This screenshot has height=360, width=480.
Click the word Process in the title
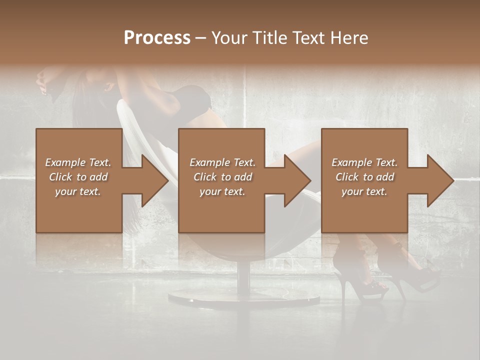point(157,38)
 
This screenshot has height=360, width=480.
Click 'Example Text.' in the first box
point(78,162)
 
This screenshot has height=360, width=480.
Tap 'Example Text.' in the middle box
point(222,162)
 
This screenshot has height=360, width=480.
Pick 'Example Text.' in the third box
point(364,162)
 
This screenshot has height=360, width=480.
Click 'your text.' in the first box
point(78,191)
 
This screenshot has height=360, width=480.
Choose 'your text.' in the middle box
point(222,191)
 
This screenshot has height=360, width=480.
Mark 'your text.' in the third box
point(364,191)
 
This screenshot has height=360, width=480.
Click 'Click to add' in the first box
point(78,177)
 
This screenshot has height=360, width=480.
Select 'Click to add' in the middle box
point(222,177)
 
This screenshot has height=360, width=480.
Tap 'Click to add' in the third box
point(364,177)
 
